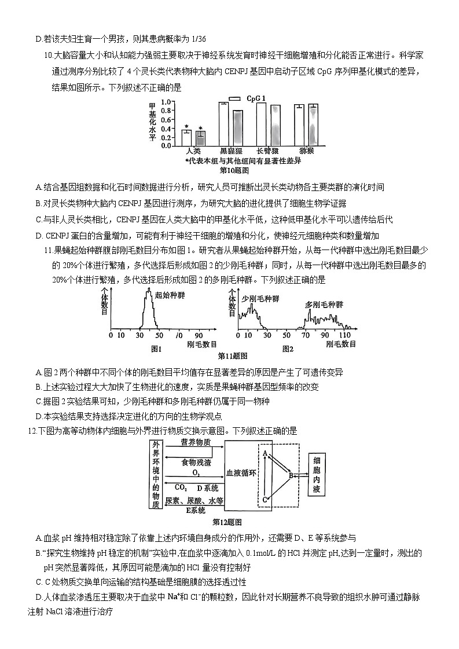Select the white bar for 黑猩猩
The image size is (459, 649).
tap(223, 123)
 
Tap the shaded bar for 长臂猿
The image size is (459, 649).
tap(275, 125)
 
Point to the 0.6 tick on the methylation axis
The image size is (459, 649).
tap(165, 119)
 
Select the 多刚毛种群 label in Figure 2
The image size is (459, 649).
tap(324, 305)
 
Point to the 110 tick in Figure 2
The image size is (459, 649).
tap(345, 335)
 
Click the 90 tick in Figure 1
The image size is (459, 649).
tap(198, 335)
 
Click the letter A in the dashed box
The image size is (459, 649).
tap(265, 453)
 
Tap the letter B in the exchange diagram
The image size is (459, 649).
tap(291, 475)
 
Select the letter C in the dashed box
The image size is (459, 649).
tap(265, 499)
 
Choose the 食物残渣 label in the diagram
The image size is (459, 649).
tap(196, 463)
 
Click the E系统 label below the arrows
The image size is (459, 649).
tap(195, 510)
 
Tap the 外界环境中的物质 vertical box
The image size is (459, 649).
tap(156, 475)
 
